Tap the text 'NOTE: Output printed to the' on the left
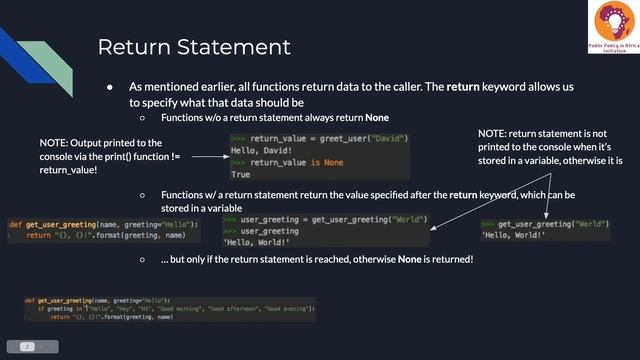coord(100,143)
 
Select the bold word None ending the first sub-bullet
coord(377,118)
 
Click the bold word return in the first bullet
coord(463,87)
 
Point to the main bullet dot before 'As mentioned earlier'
coord(110,87)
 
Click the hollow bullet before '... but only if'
coord(143,260)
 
